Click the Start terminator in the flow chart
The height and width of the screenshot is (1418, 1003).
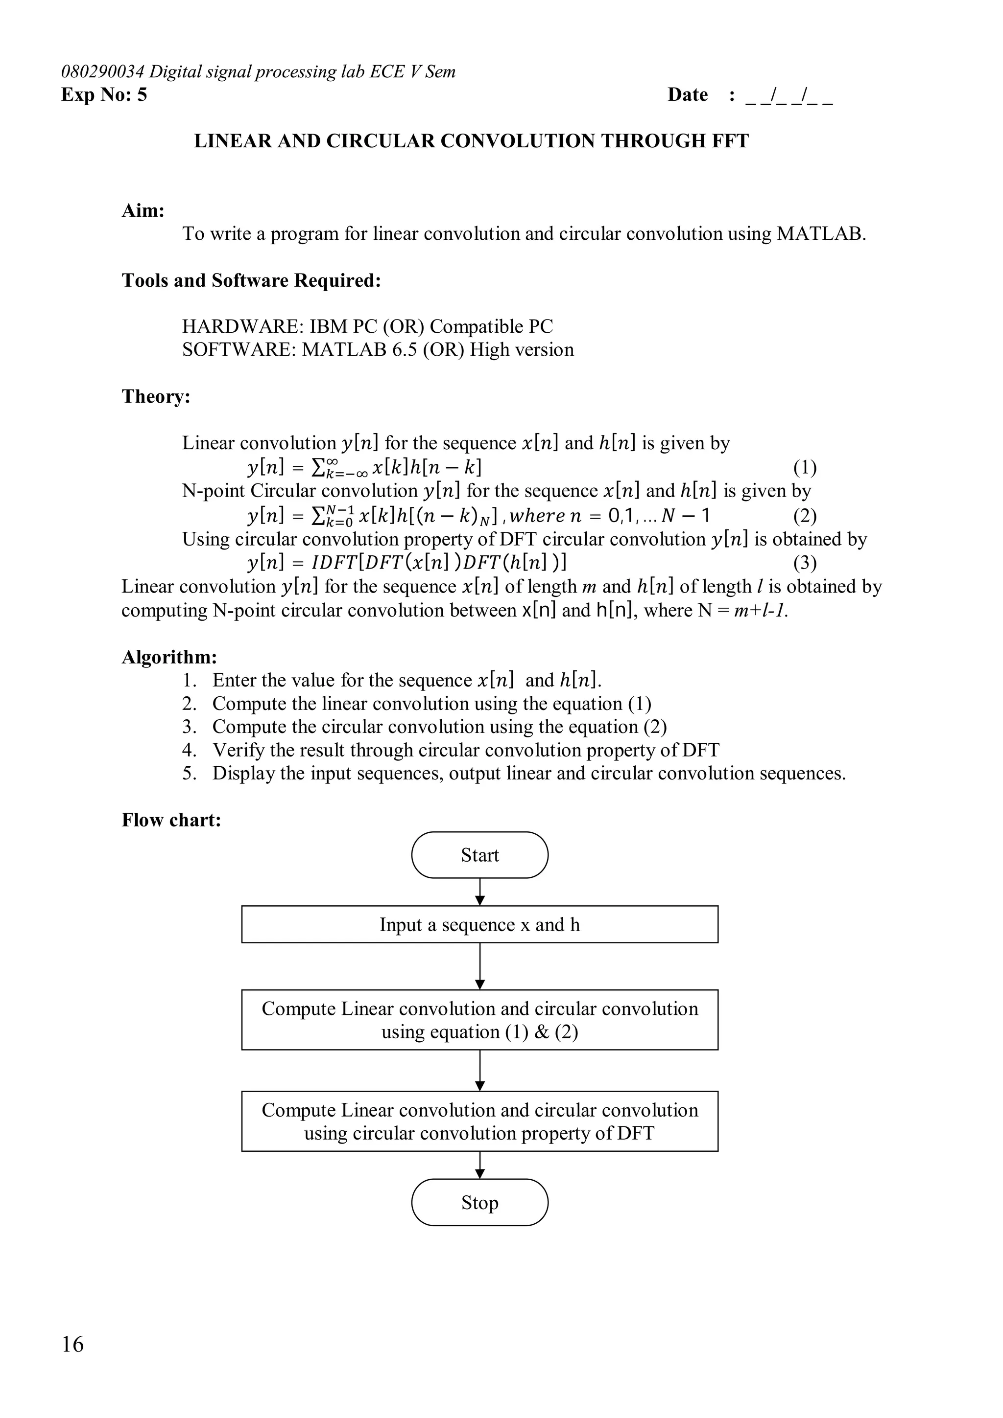(479, 855)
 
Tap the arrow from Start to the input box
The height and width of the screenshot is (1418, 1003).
(480, 892)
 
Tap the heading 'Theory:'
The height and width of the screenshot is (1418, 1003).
(156, 396)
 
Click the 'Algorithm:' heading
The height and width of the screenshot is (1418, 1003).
(168, 657)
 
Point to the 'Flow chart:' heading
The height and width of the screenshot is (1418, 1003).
(171, 820)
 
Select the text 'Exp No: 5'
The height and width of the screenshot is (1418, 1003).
(104, 94)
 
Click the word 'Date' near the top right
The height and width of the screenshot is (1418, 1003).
(687, 94)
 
